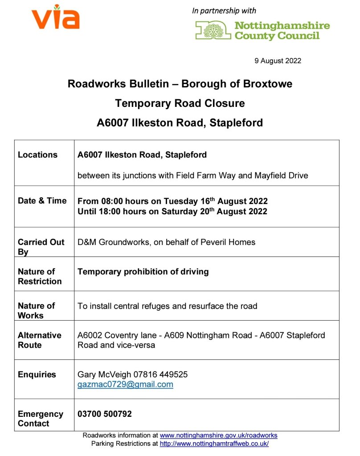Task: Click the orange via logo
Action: pyautogui.click(x=56, y=17)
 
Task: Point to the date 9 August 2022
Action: pyautogui.click(x=278, y=61)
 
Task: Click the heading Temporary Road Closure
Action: pyautogui.click(x=180, y=103)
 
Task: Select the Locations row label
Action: pyautogui.click(x=37, y=155)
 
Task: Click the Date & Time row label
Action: pyautogui.click(x=42, y=201)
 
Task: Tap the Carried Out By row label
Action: pyautogui.click(x=41, y=247)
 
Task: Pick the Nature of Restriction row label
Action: pyautogui.click(x=40, y=276)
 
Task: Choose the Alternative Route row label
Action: pyautogui.click(x=40, y=340)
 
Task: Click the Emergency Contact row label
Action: pyautogui.click(x=41, y=419)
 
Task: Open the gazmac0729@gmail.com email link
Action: pyautogui.click(x=125, y=384)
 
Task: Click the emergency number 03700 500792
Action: pyautogui.click(x=105, y=414)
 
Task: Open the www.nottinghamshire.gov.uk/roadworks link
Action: pyautogui.click(x=218, y=436)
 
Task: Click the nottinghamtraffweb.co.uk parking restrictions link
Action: pyautogui.click(x=214, y=444)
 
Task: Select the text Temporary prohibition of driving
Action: pyautogui.click(x=143, y=272)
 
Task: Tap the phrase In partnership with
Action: pyautogui.click(x=224, y=11)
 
